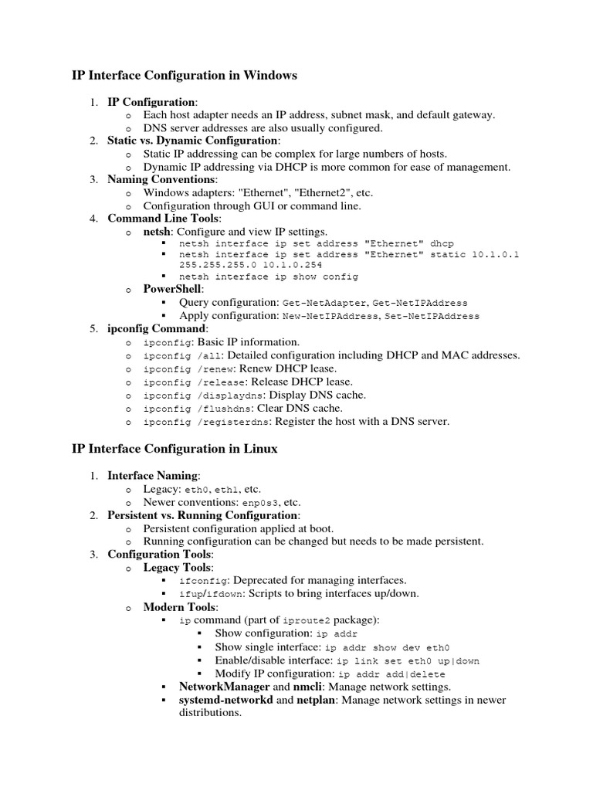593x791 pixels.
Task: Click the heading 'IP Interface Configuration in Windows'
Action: pos(184,76)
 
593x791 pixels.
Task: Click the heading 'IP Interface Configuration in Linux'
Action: pos(175,448)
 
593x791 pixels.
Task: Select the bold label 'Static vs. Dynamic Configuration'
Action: pos(192,141)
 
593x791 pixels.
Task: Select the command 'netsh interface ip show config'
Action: pos(268,277)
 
